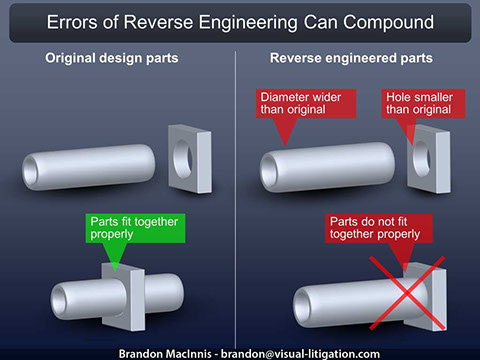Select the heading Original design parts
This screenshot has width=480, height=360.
111,58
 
